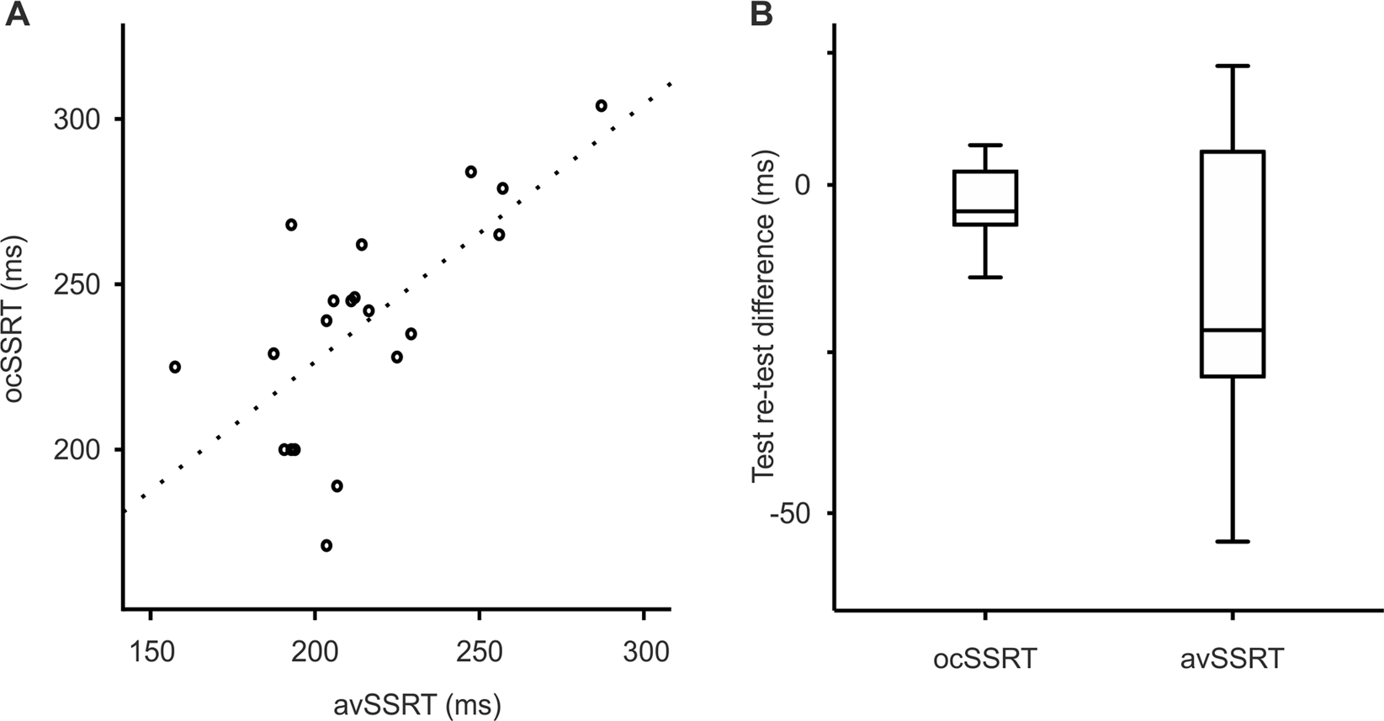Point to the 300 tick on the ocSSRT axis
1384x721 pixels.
[x=76, y=119]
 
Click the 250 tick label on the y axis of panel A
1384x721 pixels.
[x=76, y=284]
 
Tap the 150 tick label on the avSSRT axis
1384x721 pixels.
[x=150, y=652]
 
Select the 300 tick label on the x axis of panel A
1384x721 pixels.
[x=644, y=652]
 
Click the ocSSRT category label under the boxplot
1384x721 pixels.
[x=984, y=657]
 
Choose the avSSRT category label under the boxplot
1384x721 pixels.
[x=1233, y=657]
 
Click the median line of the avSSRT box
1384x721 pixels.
[x=1233, y=330]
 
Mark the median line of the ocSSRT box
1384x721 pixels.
[x=984, y=211]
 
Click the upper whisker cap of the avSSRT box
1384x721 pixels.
[x=1233, y=66]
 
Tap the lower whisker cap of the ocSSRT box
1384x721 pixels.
[x=984, y=277]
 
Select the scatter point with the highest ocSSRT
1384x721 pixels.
[x=601, y=106]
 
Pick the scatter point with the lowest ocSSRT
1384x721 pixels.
[x=326, y=545]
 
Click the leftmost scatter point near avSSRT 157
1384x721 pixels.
[x=175, y=367]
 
